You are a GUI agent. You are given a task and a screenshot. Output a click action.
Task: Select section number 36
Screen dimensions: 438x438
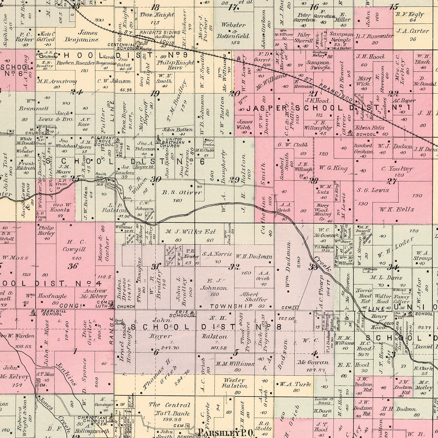coord(73,266)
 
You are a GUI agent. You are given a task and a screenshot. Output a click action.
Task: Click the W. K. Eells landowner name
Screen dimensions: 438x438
coord(392,209)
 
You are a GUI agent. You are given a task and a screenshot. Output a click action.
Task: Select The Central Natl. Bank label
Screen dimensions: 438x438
coord(170,409)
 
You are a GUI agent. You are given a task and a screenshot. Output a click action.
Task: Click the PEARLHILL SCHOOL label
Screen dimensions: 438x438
coord(52,312)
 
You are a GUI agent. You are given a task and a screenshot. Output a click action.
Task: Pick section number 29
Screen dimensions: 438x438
coord(234,180)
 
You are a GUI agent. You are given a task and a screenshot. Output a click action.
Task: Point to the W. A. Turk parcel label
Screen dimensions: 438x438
coord(295,384)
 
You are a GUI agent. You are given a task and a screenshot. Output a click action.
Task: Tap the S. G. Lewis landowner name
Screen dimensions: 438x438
coord(373,190)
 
